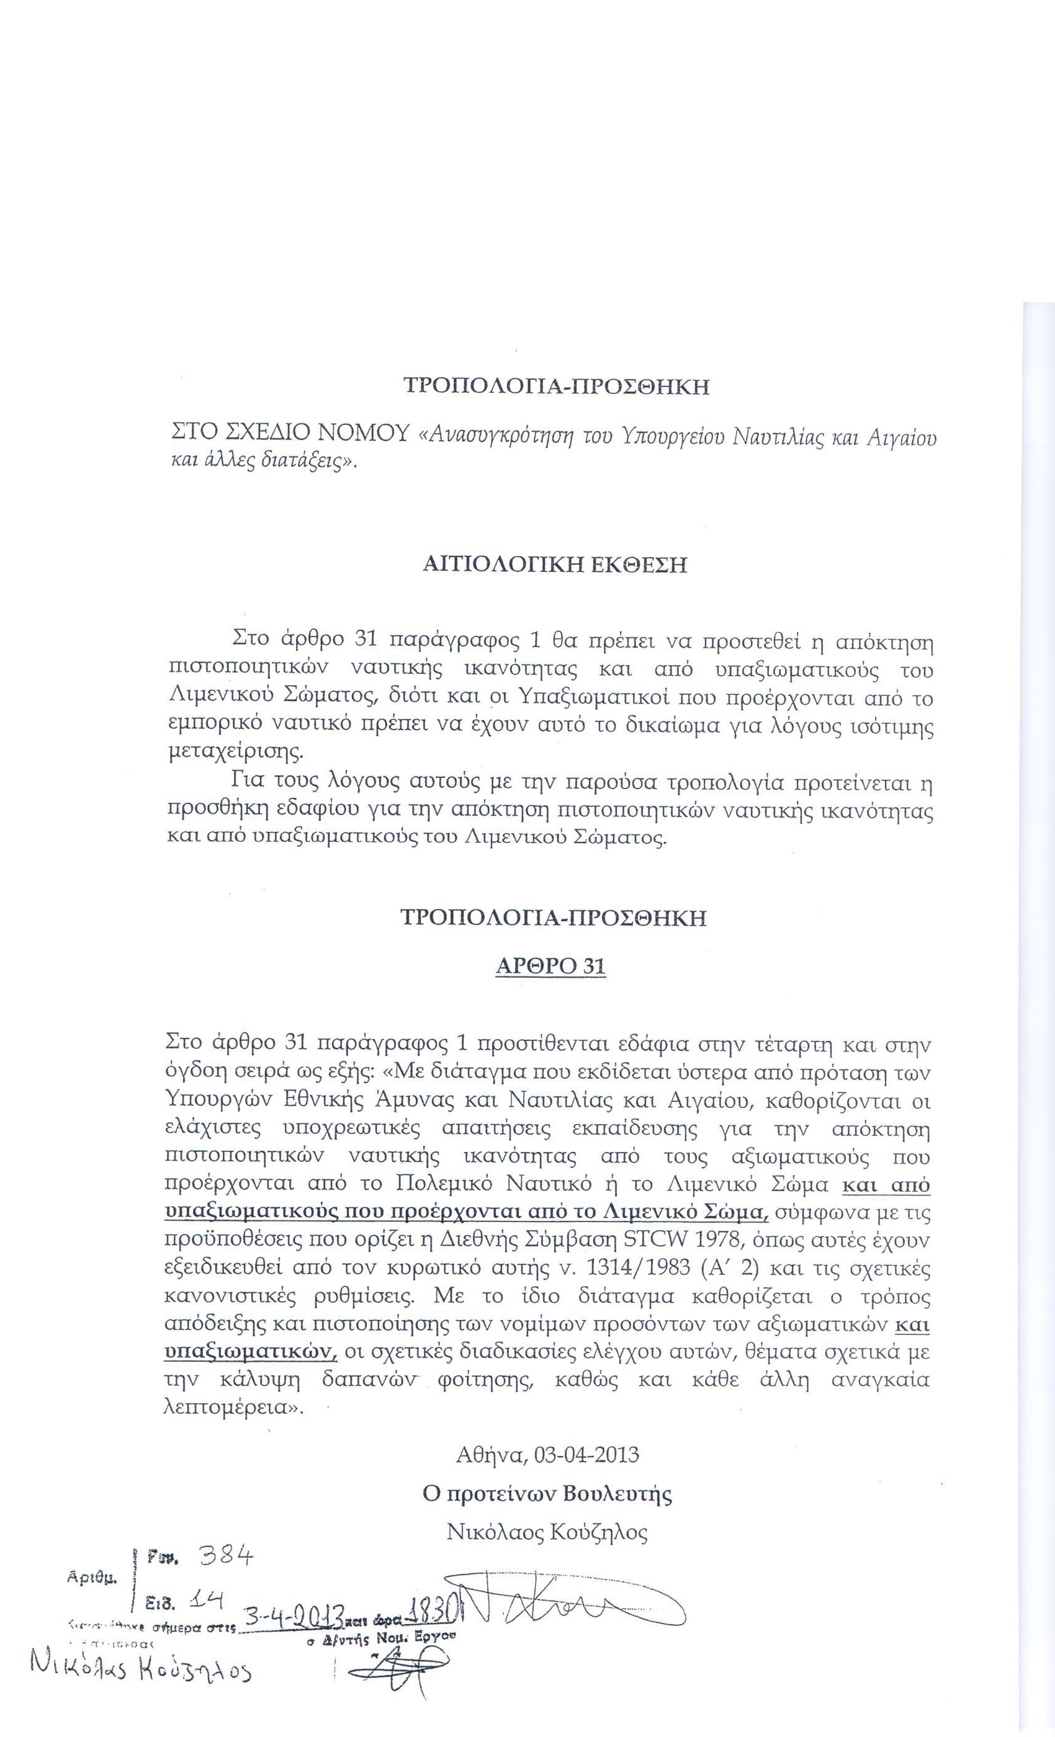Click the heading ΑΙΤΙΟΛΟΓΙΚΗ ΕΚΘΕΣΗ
(554, 565)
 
